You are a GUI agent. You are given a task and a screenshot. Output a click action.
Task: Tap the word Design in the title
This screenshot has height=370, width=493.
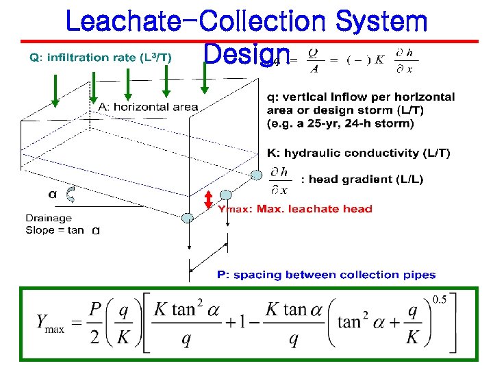[x=246, y=55]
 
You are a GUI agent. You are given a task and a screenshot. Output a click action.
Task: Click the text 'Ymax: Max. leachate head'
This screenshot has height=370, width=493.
[x=295, y=209]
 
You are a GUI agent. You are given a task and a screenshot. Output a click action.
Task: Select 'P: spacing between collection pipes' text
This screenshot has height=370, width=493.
[x=326, y=275]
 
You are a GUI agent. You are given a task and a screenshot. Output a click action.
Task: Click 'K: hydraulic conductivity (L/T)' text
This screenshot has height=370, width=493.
[x=358, y=153]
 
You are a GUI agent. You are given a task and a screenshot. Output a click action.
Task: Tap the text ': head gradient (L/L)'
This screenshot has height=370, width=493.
[x=367, y=180]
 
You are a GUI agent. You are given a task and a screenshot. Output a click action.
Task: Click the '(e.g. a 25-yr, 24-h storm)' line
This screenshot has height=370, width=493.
[x=340, y=123]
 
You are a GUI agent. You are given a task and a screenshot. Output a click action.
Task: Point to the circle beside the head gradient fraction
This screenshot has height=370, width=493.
[x=256, y=175]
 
